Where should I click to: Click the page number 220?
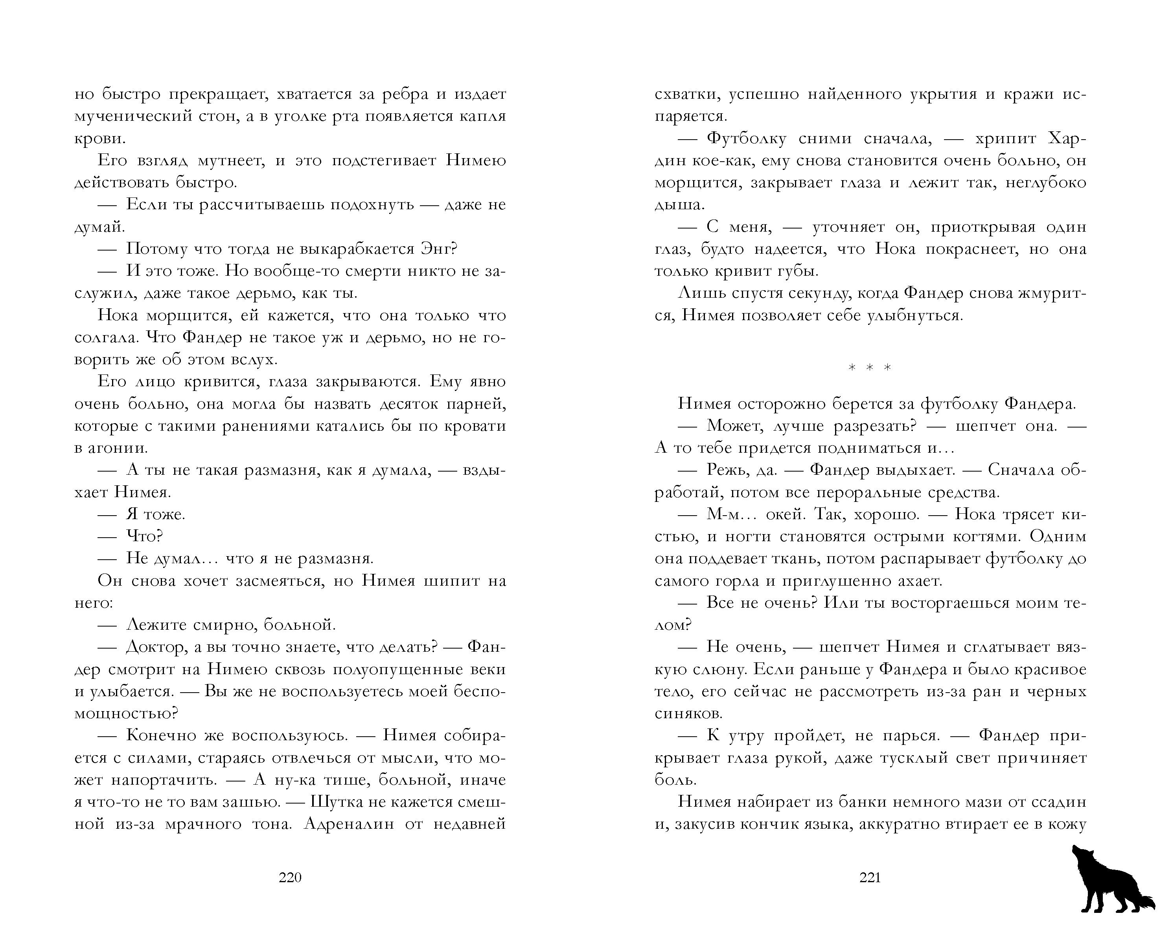290,878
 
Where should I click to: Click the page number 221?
870,878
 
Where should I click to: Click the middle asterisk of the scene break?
870,368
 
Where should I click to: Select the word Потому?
156,249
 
